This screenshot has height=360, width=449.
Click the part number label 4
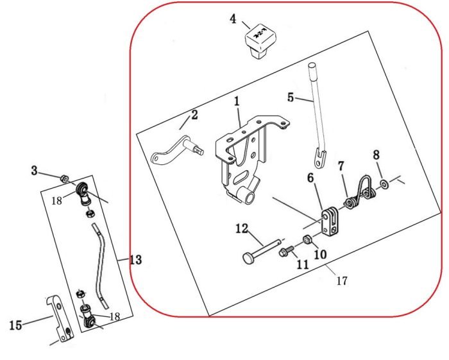click(233, 19)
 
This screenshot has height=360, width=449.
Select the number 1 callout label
click(237, 101)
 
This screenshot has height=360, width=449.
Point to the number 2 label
click(194, 116)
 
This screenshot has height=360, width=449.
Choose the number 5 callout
click(291, 98)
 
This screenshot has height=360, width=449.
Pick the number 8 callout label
click(377, 155)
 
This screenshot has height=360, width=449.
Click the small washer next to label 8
click(384, 185)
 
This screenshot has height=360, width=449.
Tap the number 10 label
click(321, 255)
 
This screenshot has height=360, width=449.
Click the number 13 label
click(135, 260)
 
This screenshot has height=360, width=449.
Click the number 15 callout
click(16, 325)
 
